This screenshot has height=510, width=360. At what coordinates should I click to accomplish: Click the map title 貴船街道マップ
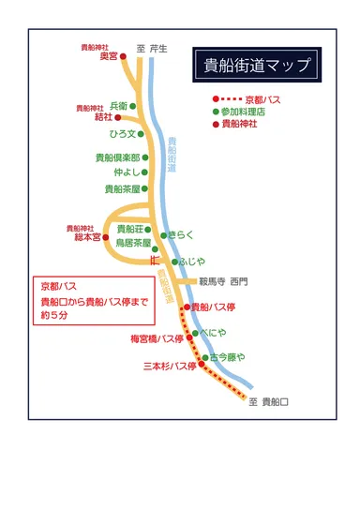(255, 66)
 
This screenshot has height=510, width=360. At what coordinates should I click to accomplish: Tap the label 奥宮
(108, 56)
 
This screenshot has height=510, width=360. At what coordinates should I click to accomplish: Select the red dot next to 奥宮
(123, 56)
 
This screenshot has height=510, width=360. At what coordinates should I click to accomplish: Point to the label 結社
(103, 117)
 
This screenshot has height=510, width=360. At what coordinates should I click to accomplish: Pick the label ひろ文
(123, 134)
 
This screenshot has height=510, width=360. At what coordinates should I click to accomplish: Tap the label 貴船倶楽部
(117, 157)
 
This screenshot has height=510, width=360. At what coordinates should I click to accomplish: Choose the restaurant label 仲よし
(126, 172)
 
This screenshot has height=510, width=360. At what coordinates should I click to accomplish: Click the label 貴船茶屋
(122, 188)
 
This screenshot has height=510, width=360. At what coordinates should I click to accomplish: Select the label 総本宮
(86, 238)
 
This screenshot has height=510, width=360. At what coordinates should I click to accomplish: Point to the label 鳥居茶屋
(134, 242)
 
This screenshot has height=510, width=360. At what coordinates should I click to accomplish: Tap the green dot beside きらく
(163, 235)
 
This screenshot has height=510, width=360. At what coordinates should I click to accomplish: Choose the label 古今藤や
(227, 357)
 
